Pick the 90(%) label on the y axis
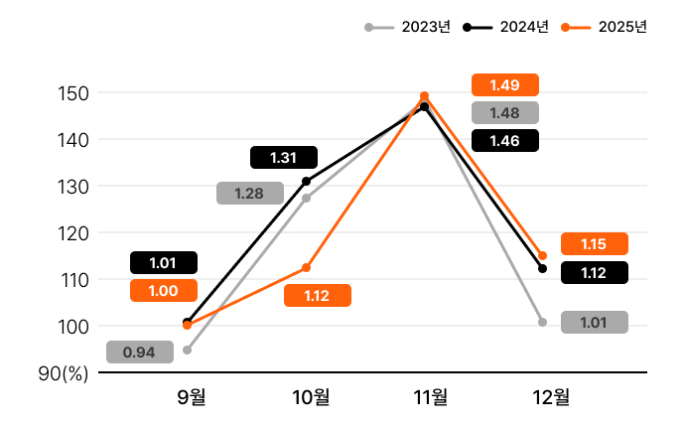(65, 373)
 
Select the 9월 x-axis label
(192, 398)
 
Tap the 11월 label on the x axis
(430, 398)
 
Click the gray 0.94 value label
(139, 353)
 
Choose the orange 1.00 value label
(163, 291)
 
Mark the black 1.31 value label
(283, 158)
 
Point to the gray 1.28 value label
(249, 194)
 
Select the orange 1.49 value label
(504, 85)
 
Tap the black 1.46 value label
(504, 141)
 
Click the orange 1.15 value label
(594, 244)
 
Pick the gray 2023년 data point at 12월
(543, 322)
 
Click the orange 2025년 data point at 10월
(306, 268)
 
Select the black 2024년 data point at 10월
(306, 182)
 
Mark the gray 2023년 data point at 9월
(187, 350)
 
